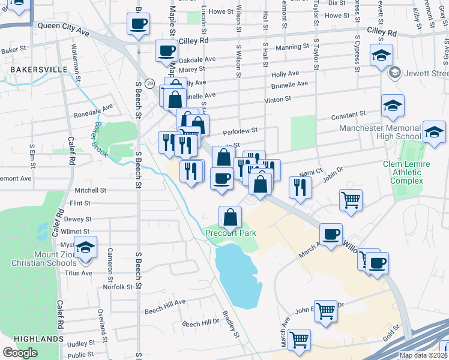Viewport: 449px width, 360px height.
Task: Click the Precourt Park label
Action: point(231,233)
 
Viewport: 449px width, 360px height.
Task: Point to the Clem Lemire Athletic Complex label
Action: point(403,172)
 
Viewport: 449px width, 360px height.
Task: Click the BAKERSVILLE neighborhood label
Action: point(39,70)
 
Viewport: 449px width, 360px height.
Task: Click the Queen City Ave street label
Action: point(63,28)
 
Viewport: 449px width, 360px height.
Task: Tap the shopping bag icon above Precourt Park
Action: point(231,217)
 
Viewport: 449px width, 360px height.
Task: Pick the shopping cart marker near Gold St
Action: point(299,340)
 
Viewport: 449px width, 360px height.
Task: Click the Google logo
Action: point(20,353)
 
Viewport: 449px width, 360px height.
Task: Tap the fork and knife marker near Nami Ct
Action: point(298,187)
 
